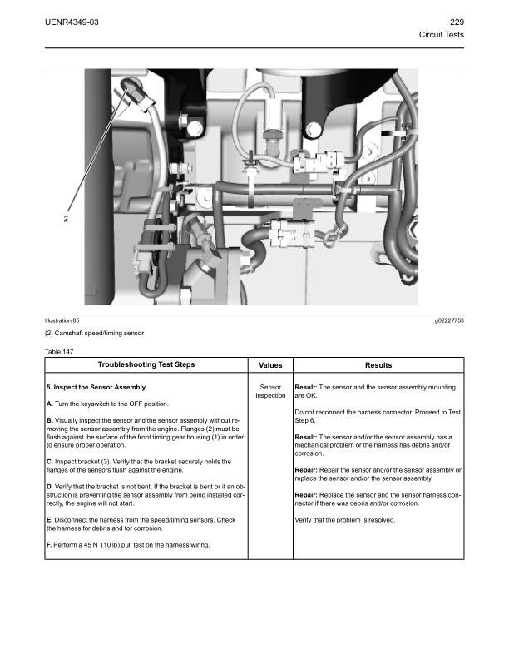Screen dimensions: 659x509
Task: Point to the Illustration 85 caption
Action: point(62,320)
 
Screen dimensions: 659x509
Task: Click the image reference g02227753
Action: point(448,320)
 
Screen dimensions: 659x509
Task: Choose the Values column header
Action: point(270,365)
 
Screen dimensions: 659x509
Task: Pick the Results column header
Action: point(378,365)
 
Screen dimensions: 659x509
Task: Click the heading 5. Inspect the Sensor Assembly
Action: point(96,388)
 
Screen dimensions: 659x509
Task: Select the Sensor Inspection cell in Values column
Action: point(270,391)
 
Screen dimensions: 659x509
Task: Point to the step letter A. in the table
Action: point(49,404)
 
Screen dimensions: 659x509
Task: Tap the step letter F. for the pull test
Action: point(49,545)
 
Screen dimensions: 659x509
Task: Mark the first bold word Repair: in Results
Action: point(309,470)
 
